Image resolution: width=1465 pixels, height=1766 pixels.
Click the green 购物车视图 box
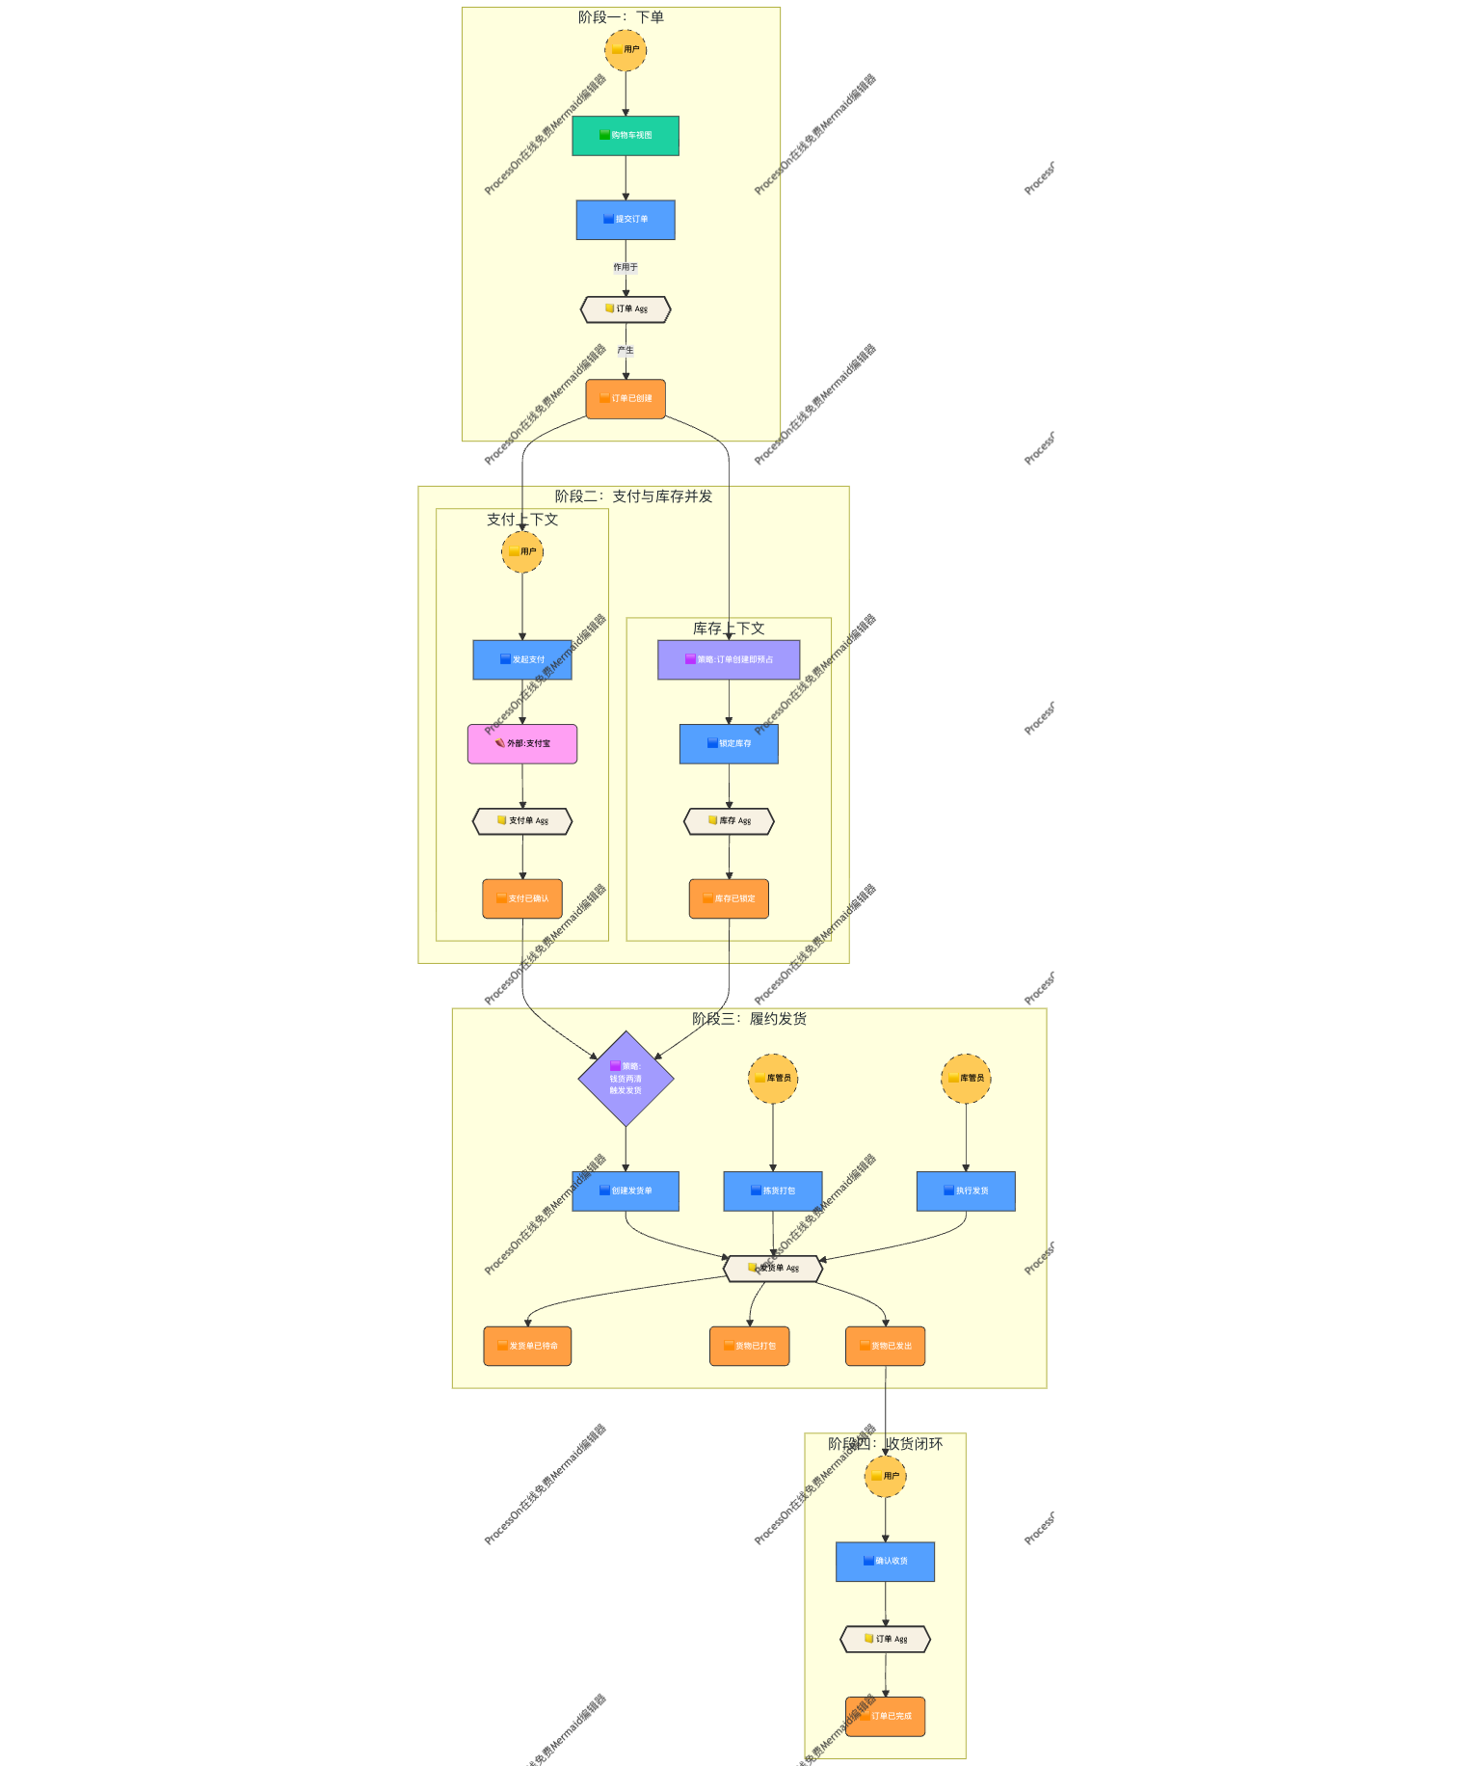coord(625,136)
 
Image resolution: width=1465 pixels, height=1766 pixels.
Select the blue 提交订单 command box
coord(625,220)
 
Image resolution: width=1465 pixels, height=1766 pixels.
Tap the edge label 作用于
coord(626,267)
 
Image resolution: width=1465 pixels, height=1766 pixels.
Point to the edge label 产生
coord(626,350)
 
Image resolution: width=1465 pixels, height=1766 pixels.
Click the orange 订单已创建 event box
coord(626,399)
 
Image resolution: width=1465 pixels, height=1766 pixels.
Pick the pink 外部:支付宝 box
coord(522,744)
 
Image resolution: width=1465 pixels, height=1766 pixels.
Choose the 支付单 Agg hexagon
coord(522,821)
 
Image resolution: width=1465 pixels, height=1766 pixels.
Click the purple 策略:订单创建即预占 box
coord(729,660)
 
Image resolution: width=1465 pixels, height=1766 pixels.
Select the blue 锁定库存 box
coord(729,744)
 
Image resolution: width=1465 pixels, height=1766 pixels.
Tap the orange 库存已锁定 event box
coord(729,899)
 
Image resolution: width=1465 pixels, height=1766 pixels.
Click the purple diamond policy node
coord(626,1079)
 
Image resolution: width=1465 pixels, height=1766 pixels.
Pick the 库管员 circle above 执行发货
coord(966,1079)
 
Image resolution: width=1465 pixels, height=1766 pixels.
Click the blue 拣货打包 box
coord(773,1191)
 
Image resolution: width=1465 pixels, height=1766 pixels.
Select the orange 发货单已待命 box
coord(527,1347)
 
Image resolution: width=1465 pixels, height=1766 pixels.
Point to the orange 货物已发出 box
coord(885,1347)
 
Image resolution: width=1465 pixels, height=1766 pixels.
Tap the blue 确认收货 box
coord(885,1562)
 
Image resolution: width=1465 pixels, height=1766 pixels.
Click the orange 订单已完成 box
coord(885,1717)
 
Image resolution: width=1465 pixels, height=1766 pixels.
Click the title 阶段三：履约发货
coord(749,1019)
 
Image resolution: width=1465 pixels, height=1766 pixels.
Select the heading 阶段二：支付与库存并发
coord(633,496)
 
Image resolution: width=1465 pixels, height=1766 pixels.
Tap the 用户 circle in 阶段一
coord(626,50)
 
